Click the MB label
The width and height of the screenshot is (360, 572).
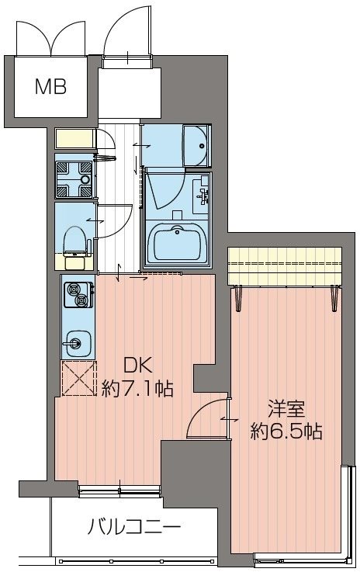pos(50,85)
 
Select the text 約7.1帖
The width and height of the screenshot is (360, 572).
pos(137,387)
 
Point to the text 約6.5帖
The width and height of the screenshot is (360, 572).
pos(286,431)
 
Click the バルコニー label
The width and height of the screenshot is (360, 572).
pos(133,529)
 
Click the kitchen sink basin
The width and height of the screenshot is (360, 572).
pos(75,341)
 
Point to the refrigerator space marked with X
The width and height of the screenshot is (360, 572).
pos(77,379)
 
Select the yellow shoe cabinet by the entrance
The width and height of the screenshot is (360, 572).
pos(74,140)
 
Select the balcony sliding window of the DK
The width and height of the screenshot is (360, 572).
pos(119,489)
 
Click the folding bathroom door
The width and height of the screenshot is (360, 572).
pos(163,191)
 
